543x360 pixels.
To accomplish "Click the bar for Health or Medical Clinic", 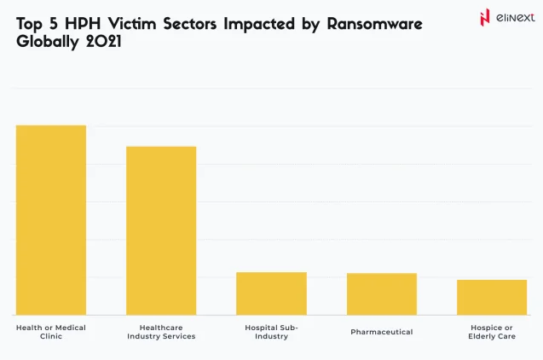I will click(x=51, y=220).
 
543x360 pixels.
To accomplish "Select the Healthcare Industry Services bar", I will click(x=161, y=230).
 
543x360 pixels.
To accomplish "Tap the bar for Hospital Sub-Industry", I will click(x=271, y=293).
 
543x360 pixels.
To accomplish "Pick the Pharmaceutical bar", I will click(x=381, y=293).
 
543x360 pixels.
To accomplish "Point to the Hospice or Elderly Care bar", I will click(x=492, y=297).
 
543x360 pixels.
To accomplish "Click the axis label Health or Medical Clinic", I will click(x=51, y=332).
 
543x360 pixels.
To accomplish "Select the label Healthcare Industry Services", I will click(x=161, y=332).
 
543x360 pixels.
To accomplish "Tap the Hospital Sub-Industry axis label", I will click(x=271, y=332).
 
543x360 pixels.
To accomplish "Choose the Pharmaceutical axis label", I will click(x=381, y=332).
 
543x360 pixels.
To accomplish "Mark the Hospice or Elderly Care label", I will click(x=492, y=332).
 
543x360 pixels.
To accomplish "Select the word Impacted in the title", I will click(x=263, y=24).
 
